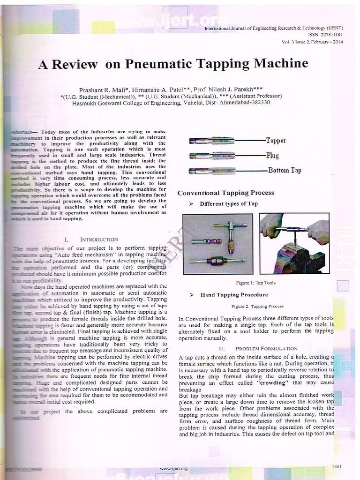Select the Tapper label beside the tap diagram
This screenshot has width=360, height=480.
[276, 141]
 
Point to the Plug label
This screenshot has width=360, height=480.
[272, 155]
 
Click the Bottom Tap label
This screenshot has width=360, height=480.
[285, 170]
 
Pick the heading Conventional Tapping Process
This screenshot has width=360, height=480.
[225, 193]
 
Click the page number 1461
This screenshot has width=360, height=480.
[337, 466]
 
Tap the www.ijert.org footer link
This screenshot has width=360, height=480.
[173, 468]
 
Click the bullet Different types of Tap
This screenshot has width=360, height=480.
[228, 204]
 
